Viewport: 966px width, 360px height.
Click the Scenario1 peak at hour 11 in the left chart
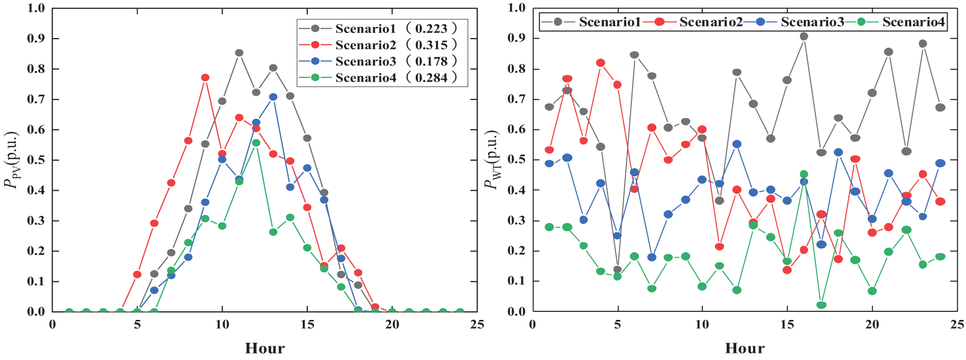coord(239,53)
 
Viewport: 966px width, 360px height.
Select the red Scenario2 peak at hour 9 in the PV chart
coord(205,78)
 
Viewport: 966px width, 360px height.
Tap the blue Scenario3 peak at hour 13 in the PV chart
coord(273,97)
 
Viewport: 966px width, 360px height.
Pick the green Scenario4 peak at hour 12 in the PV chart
coord(256,143)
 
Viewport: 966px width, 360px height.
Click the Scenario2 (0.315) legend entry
coord(378,45)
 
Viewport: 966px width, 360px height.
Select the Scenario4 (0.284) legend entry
coord(378,78)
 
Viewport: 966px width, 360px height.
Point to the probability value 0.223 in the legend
coord(431,29)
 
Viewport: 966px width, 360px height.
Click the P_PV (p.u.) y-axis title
coord(12,160)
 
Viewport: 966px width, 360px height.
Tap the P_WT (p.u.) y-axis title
coord(492,160)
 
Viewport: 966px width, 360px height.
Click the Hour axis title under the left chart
coord(265,348)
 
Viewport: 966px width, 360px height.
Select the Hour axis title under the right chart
coord(745,348)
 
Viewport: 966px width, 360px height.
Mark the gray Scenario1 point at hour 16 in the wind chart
coord(804,37)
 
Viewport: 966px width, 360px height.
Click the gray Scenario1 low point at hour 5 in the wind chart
coord(617,270)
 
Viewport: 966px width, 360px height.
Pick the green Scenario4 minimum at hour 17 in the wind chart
coord(821,305)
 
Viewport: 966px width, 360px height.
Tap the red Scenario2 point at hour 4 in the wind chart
coord(600,63)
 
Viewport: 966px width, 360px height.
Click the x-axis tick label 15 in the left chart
coord(307,325)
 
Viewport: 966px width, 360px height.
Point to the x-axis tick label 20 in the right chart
coord(872,325)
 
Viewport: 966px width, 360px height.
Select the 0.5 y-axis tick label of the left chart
coord(36,160)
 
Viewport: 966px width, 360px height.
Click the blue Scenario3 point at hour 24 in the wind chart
coord(940,163)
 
